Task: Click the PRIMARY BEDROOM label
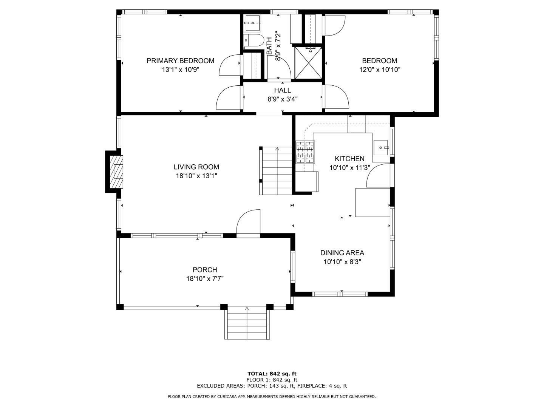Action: point(181,61)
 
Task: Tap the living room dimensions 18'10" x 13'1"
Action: point(196,176)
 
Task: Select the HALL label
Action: point(282,90)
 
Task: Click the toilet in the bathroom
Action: point(253,40)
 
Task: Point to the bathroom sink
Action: point(252,23)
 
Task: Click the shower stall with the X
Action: point(308,63)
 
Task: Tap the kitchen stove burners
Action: point(305,152)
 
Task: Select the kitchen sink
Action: point(381,148)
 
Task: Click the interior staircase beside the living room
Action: point(276,171)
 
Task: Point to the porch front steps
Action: point(247,323)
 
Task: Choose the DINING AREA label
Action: point(342,253)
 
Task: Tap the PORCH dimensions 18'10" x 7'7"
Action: point(205,279)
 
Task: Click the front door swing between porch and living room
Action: point(248,222)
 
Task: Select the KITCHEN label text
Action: point(349,159)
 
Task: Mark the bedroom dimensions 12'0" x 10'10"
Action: point(380,70)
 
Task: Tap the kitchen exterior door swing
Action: point(378,175)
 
